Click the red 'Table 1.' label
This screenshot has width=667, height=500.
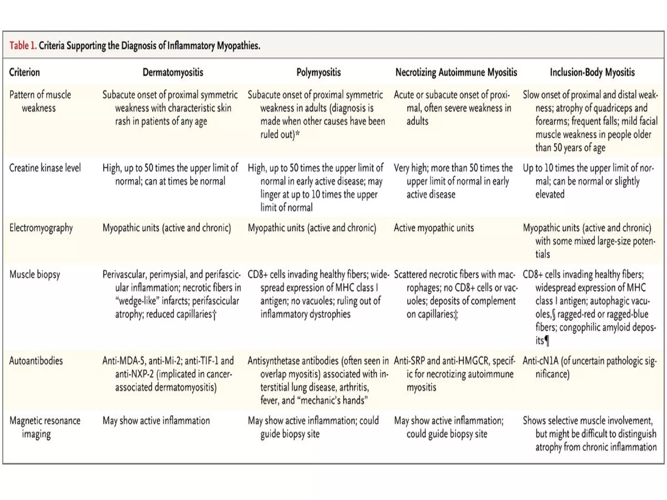[x=22, y=46]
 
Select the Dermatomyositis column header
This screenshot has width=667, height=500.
[x=173, y=72]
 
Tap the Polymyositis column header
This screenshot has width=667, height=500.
[x=318, y=72]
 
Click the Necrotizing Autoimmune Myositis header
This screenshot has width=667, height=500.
[x=456, y=72]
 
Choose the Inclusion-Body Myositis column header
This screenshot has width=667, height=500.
[x=592, y=72]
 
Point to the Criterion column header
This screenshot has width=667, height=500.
[x=24, y=72]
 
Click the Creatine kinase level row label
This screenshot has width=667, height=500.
[x=45, y=168]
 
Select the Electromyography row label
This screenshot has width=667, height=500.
[x=41, y=228]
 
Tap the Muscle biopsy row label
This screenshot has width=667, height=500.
[x=35, y=275]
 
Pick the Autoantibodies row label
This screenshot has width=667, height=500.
[x=36, y=361]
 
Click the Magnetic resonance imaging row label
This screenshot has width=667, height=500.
[x=45, y=427]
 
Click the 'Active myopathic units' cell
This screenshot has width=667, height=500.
[x=433, y=228]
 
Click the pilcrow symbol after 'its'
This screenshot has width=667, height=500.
[x=547, y=341]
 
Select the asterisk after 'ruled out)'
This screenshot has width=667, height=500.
[x=297, y=133]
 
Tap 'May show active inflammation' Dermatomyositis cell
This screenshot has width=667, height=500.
[x=156, y=421]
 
